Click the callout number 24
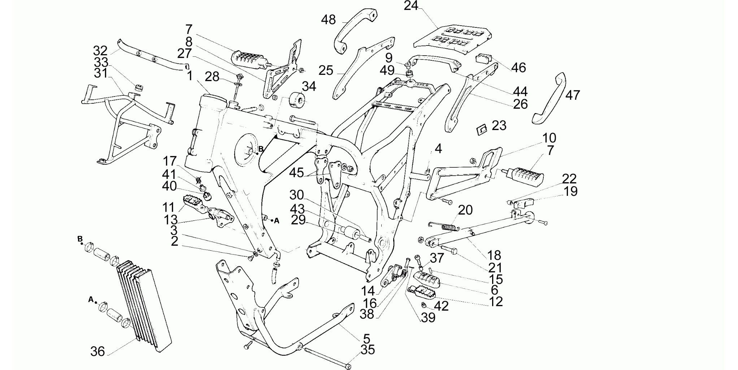(411, 6)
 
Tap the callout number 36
(97, 351)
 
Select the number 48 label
(329, 20)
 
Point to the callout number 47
(573, 95)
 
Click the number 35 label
(368, 350)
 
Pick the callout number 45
(296, 173)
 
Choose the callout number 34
(309, 86)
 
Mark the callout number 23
(499, 125)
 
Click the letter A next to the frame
(277, 221)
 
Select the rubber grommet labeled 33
(138, 88)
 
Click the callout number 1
(190, 76)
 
